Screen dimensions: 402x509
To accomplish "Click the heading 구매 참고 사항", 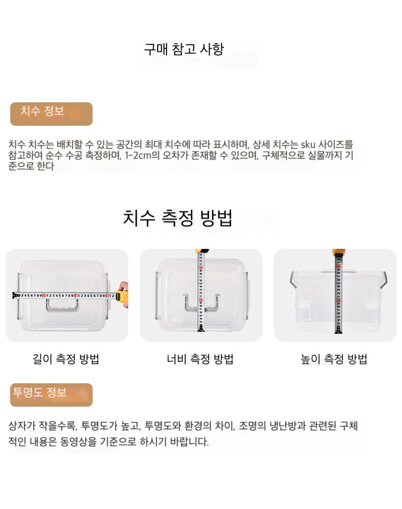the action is [x=184, y=49].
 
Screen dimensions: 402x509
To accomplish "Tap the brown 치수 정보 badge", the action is [x=51, y=114].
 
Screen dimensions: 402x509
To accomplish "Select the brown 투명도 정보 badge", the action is [x=51, y=395].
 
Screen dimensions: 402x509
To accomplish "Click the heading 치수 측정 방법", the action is [x=178, y=218].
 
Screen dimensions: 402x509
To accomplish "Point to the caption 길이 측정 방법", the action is [x=66, y=359].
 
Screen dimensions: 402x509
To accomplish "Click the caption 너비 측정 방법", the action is [x=200, y=359].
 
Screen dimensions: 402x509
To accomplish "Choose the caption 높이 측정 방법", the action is [x=334, y=359].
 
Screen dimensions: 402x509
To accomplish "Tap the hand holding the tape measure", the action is [x=122, y=294].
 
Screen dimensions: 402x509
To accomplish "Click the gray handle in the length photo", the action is [x=62, y=305].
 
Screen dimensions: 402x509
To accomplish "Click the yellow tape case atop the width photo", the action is [x=202, y=251].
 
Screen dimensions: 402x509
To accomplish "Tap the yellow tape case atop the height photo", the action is [x=339, y=252].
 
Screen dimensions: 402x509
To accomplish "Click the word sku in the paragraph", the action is [x=308, y=144].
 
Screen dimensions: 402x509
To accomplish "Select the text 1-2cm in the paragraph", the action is [x=138, y=155].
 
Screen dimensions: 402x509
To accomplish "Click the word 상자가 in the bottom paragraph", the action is [x=21, y=425].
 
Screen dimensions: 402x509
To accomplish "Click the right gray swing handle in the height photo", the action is [x=383, y=280].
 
